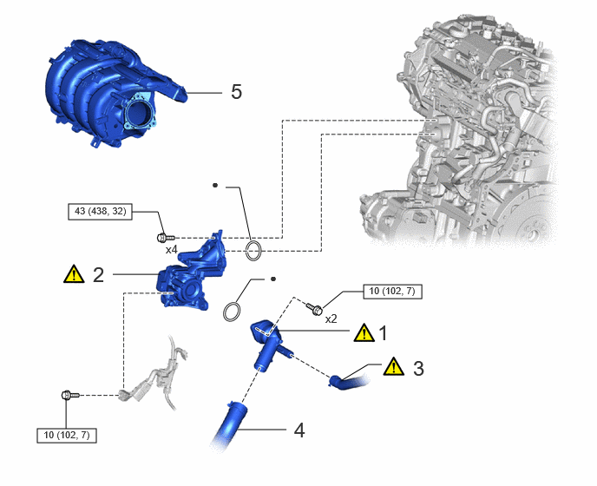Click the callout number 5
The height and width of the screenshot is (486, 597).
(x=236, y=92)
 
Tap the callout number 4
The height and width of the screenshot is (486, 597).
(x=299, y=430)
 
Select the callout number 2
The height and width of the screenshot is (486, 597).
(x=99, y=274)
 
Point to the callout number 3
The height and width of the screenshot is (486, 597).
(x=418, y=369)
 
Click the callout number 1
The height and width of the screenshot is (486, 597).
(x=383, y=333)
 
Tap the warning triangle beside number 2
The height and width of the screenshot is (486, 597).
(x=74, y=274)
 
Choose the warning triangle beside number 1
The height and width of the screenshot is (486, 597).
(x=364, y=333)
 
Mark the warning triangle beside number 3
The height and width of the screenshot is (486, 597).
(x=393, y=366)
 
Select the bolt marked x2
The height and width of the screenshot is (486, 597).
(x=314, y=308)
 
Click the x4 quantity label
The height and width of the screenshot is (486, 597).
(x=171, y=250)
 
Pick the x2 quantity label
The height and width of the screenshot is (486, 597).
(x=331, y=319)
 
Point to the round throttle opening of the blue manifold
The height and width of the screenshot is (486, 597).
(x=140, y=112)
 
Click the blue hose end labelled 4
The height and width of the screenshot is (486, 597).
(x=228, y=424)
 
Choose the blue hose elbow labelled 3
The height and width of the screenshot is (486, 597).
(x=347, y=382)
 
